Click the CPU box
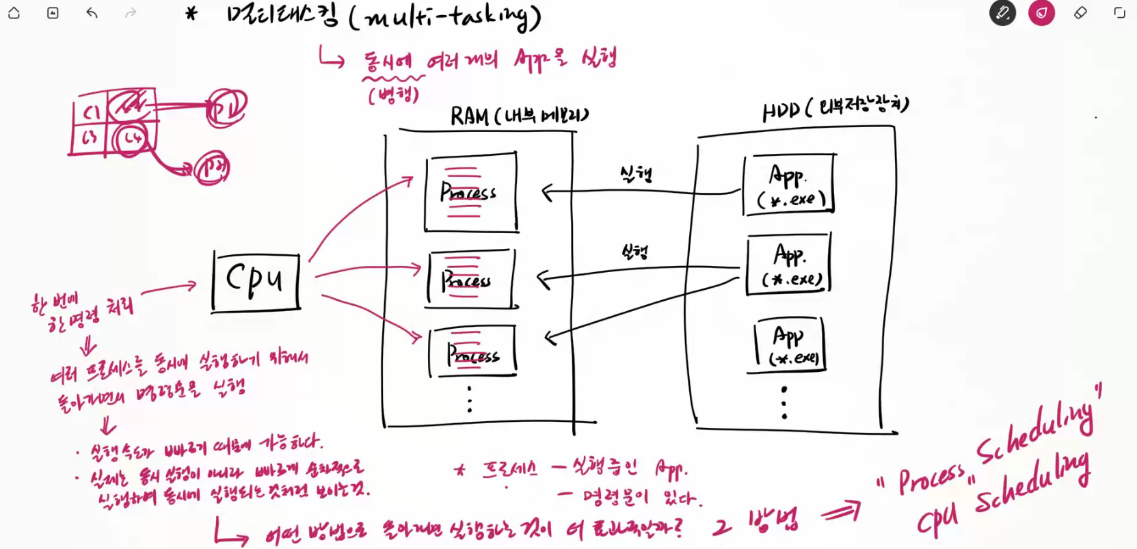pyautogui.click(x=256, y=282)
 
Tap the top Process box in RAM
pyautogui.click(x=470, y=193)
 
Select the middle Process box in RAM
pyautogui.click(x=470, y=279)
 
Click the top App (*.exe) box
pyautogui.click(x=790, y=185)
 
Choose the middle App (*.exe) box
pyautogui.click(x=789, y=264)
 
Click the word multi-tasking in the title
pyautogui.click(x=444, y=16)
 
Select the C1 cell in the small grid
pyautogui.click(x=91, y=111)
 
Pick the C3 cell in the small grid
pyautogui.click(x=90, y=138)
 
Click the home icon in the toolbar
pyautogui.click(x=14, y=13)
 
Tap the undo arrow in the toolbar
pyautogui.click(x=92, y=13)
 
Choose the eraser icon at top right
pyautogui.click(x=1080, y=13)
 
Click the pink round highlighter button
pyautogui.click(x=1041, y=13)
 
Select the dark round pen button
pyautogui.click(x=1002, y=13)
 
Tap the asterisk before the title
pyautogui.click(x=191, y=13)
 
